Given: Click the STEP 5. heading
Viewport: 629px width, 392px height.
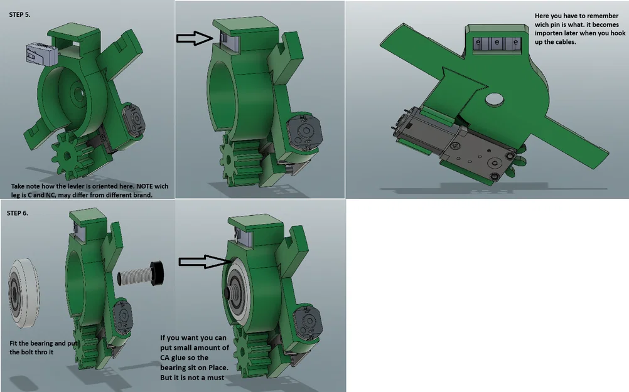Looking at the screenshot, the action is click(19, 15).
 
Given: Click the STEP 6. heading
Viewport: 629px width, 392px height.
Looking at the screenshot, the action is click(18, 213).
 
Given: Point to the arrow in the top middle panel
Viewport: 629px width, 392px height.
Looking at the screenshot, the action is click(195, 38).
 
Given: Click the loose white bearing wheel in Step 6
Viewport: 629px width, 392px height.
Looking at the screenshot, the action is click(23, 293).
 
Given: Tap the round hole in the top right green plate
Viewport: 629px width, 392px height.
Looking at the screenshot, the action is click(495, 99).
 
